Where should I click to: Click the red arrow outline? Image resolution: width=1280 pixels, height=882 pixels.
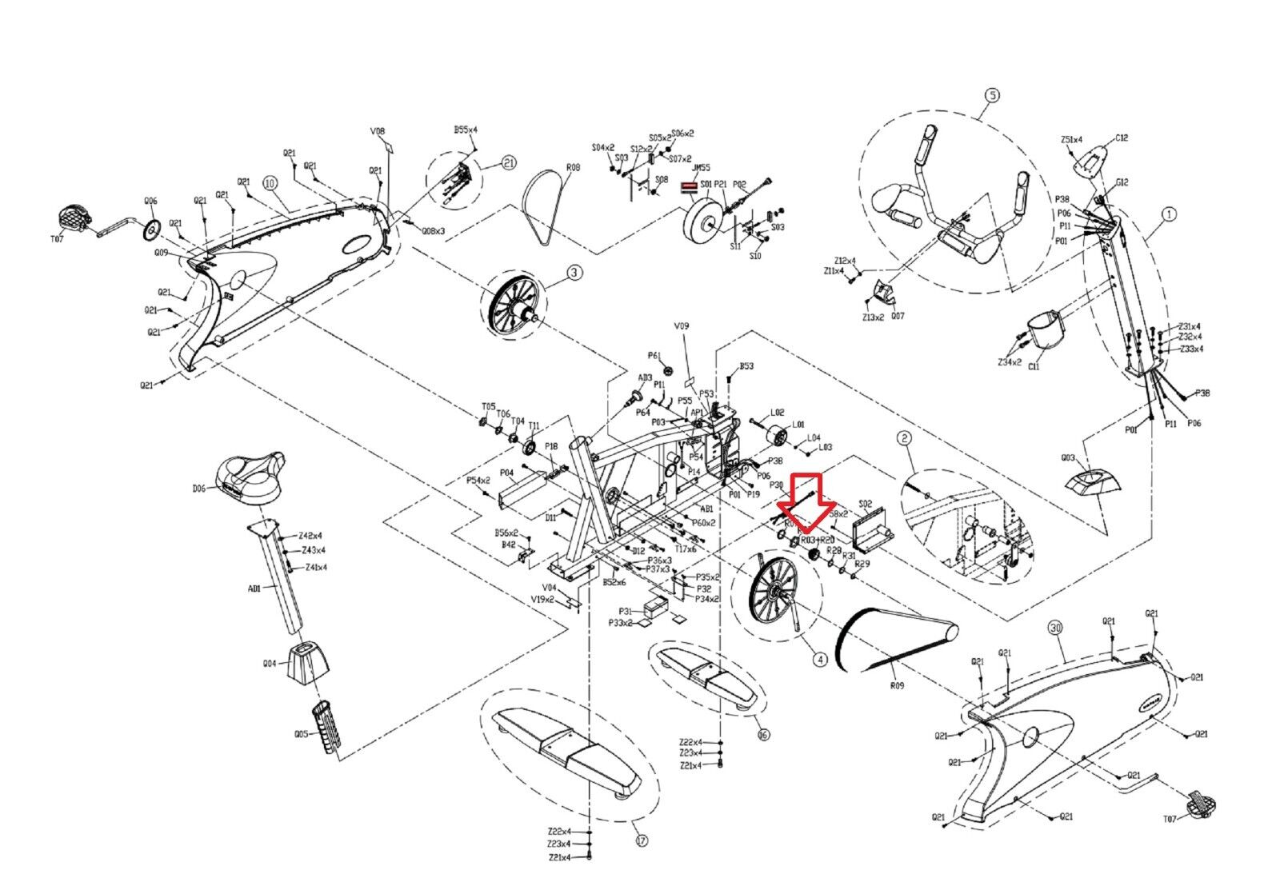(x=805, y=500)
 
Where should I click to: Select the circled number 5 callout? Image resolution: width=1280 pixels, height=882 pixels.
(x=990, y=95)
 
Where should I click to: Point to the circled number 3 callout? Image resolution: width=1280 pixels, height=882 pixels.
(x=574, y=273)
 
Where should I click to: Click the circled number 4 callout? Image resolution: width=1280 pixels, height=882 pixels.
(x=819, y=660)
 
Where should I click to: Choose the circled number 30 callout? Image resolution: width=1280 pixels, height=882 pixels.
(x=1055, y=629)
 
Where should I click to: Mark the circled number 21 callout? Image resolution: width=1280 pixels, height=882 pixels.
(x=507, y=163)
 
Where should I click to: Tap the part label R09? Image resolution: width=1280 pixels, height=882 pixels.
(x=897, y=685)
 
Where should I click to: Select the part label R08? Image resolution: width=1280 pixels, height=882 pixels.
(x=572, y=169)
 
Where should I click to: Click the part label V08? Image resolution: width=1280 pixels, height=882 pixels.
(x=378, y=131)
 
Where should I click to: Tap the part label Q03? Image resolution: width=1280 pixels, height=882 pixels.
(x=1067, y=459)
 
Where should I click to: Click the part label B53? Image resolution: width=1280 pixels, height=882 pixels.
(x=746, y=366)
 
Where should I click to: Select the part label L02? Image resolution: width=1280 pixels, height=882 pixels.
(x=776, y=413)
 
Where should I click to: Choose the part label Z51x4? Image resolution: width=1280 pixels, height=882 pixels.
(x=1071, y=140)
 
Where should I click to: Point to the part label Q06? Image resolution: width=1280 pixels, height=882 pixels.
(x=150, y=202)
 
